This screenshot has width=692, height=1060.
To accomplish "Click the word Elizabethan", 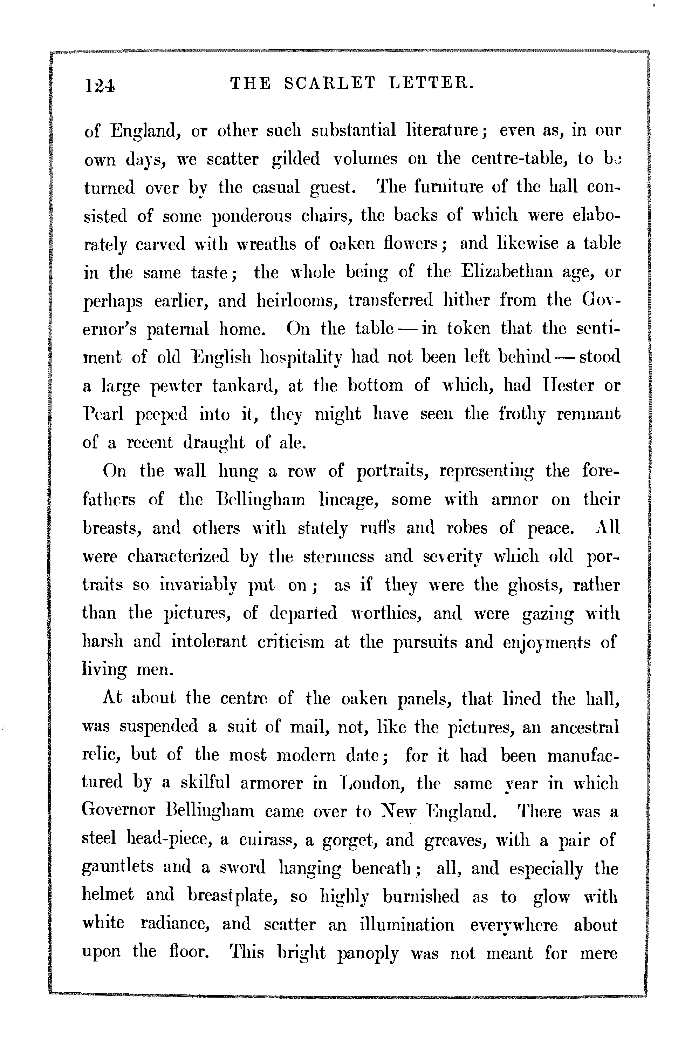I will click(507, 272).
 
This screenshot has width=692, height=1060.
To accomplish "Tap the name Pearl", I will click(103, 414).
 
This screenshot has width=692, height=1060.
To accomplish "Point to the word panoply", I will click(368, 954).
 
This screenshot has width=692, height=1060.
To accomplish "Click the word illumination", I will click(407, 925).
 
